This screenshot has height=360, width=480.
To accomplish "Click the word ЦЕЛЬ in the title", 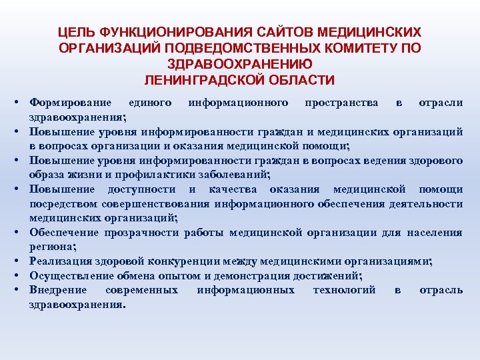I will [75, 32].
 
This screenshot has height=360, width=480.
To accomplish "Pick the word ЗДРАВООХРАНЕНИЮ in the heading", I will [239, 64].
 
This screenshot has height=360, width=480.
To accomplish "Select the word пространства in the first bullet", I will [341, 103].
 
